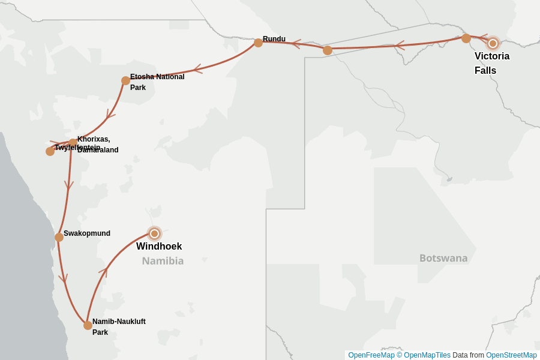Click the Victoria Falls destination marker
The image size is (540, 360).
pos(493,43)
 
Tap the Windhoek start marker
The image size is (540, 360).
pos(154,233)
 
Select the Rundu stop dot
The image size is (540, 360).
pos(258,43)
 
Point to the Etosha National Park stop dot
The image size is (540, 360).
pos(125,80)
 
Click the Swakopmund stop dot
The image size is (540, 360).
pos(59,237)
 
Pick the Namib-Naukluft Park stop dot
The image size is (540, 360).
pos(88,325)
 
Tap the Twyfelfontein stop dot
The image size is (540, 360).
pos(50,151)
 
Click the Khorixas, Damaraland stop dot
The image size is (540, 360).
pos(73,143)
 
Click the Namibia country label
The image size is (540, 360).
pos(163,261)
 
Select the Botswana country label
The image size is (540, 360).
pos(443,258)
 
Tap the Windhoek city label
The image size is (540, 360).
pos(159,247)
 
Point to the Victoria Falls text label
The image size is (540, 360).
pos(492,63)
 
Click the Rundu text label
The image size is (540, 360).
pos(274,39)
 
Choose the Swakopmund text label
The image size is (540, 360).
pos(87,233)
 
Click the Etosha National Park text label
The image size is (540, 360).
pos(157,82)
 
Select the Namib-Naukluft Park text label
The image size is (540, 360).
pos(119,326)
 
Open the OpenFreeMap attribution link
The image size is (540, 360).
pos(371,355)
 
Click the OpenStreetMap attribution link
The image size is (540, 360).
pos(511,355)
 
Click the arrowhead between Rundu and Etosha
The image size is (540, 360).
pos(197,69)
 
